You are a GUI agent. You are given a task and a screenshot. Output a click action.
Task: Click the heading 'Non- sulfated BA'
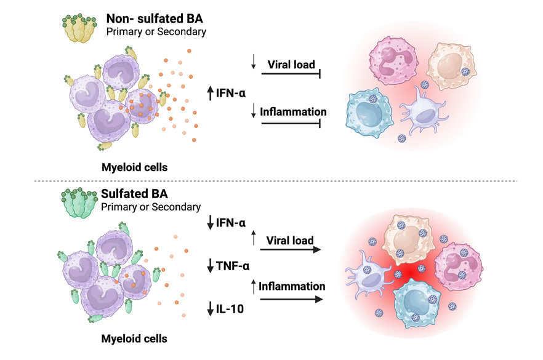click(155, 18)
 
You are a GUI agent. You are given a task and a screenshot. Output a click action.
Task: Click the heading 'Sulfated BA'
click(134, 194)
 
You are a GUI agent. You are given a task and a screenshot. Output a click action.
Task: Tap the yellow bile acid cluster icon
click(79, 28)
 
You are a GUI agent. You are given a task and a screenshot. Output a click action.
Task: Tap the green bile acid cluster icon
click(79, 203)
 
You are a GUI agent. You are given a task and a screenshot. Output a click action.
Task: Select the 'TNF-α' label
click(232, 266)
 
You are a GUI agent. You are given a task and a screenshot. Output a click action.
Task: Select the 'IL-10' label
click(230, 309)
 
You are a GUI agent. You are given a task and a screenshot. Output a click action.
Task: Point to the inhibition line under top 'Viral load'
click(291, 73)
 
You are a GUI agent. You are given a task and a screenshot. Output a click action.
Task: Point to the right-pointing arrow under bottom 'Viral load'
click(290, 249)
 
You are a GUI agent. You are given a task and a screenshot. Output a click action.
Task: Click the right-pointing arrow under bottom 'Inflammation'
click(291, 299)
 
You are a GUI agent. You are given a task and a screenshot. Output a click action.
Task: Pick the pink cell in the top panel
click(393, 60)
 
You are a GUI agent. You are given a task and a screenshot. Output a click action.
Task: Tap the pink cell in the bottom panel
click(459, 266)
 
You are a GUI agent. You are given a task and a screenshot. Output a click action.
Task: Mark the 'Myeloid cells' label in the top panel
click(134, 167)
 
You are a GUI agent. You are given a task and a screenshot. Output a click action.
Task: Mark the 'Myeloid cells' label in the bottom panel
click(134, 338)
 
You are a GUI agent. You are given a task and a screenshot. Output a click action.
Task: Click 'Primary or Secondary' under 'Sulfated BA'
click(151, 207)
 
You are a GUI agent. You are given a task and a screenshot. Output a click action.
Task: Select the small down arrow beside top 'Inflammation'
click(254, 110)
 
